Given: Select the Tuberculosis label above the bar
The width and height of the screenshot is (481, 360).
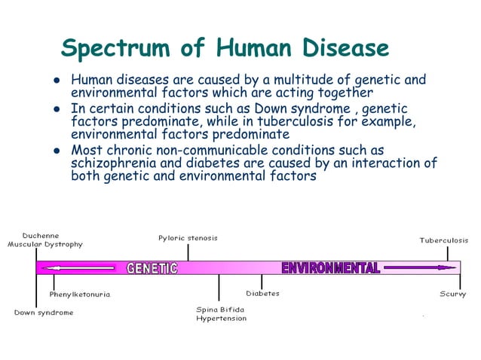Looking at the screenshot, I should coord(443,240).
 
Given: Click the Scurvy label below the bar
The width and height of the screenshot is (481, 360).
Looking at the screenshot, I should coord(452,294).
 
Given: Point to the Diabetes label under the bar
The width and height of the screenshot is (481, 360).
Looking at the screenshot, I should coord(262,293).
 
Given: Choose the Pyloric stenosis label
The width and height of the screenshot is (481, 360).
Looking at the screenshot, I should coord(188,238).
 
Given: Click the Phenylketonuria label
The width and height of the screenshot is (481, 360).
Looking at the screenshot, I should coord(80,294).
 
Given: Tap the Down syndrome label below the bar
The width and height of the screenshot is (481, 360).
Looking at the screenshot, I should coord(44,313).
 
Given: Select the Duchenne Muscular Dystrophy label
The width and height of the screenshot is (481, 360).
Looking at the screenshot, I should coord(45,239).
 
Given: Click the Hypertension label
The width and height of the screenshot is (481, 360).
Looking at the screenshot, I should coord(221,319).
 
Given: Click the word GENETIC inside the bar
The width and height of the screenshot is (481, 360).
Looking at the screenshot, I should coord(152,268).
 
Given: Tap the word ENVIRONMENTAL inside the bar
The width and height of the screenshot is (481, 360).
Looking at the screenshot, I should coord(330,268).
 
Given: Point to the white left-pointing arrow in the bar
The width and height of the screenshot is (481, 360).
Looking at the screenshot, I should coord(79,268).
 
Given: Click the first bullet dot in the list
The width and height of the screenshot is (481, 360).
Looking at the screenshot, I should coord(56,80).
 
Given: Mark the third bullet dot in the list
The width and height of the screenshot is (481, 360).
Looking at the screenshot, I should coord(56,150).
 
